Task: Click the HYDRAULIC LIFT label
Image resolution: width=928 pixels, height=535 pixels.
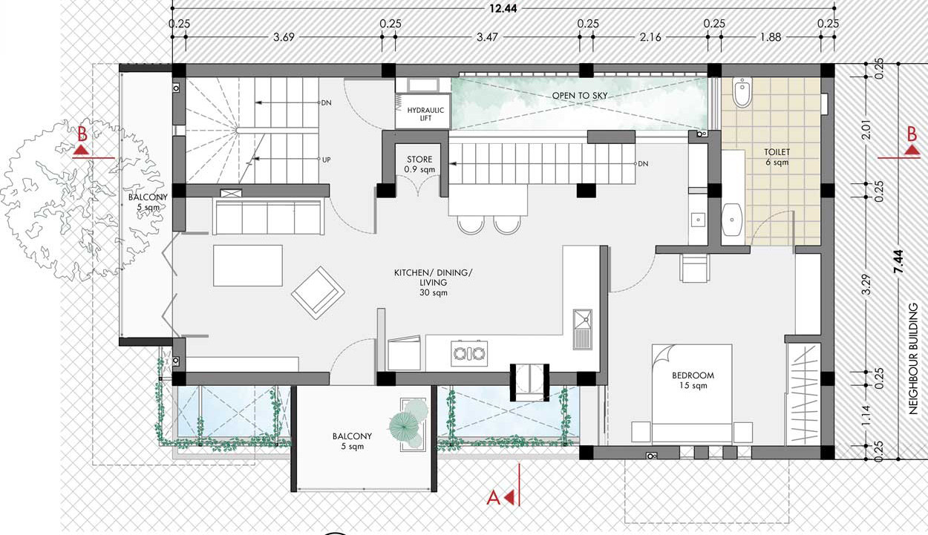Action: pos(425,114)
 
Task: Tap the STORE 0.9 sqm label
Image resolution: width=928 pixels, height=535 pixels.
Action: pos(419,164)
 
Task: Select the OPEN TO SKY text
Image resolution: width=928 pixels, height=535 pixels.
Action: pos(580,95)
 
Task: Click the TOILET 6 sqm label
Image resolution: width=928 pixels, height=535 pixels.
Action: pos(777,157)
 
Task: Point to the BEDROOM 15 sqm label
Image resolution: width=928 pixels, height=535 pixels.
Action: pos(693,380)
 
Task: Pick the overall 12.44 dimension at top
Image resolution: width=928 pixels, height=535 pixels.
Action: pos(503,8)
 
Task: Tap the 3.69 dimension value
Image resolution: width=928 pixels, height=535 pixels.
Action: pos(284,37)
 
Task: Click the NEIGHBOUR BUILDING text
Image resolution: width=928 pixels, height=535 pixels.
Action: pos(913,358)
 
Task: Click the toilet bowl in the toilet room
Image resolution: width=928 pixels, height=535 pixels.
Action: pos(742,91)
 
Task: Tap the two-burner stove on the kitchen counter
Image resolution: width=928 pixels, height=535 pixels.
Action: pos(469,353)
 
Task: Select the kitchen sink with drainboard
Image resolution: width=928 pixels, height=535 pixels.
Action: pos(583,329)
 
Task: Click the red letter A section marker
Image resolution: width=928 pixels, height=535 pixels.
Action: pos(493,497)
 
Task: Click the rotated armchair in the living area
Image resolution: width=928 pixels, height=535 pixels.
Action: pos(318,292)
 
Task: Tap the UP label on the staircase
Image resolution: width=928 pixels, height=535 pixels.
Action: pos(326,160)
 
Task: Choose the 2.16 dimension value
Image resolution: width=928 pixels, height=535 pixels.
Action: pos(650,37)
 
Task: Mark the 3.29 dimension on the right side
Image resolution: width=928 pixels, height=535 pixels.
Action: pos(866,284)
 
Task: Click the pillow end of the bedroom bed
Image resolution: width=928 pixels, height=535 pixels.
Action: pos(692,433)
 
